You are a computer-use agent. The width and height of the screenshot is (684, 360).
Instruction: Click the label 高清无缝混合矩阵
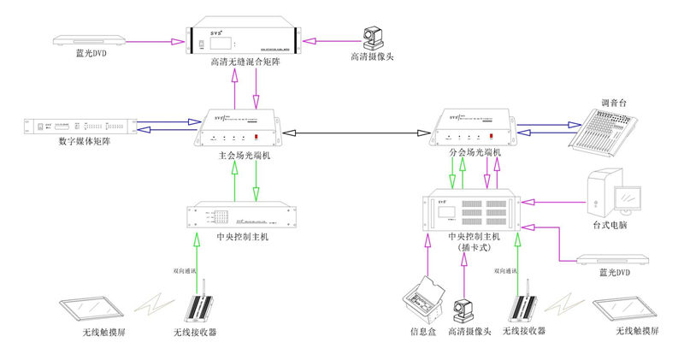245,62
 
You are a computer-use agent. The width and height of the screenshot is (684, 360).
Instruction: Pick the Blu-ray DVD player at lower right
614,258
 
